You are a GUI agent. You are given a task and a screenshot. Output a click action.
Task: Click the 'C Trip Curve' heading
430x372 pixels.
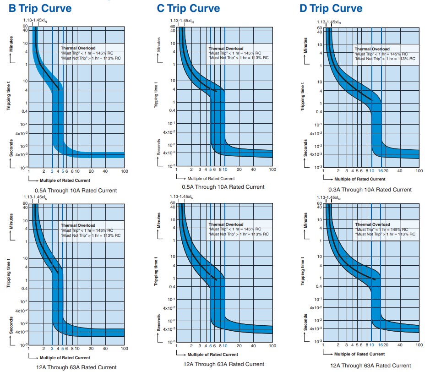point(188,8)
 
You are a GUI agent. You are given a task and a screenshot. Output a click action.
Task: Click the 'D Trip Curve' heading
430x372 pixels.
point(331,8)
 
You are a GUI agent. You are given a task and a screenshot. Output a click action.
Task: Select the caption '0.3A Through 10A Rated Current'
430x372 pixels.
point(370,190)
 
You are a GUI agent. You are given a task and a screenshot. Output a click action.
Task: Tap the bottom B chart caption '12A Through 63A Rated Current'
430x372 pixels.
point(76,367)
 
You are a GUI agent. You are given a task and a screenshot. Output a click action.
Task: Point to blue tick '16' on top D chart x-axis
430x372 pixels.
point(381,171)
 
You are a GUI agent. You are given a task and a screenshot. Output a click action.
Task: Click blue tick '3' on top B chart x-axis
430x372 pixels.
point(52,171)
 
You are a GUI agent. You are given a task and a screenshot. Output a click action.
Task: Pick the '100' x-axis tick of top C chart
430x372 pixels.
point(272,170)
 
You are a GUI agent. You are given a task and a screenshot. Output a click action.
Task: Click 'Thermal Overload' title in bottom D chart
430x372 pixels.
point(372,224)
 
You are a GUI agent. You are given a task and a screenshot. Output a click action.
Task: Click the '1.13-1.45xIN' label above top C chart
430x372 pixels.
point(181,21)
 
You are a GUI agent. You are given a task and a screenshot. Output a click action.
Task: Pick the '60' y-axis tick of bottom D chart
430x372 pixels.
point(319,203)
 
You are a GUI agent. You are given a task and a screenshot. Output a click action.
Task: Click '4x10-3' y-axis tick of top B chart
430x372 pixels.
point(20,154)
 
